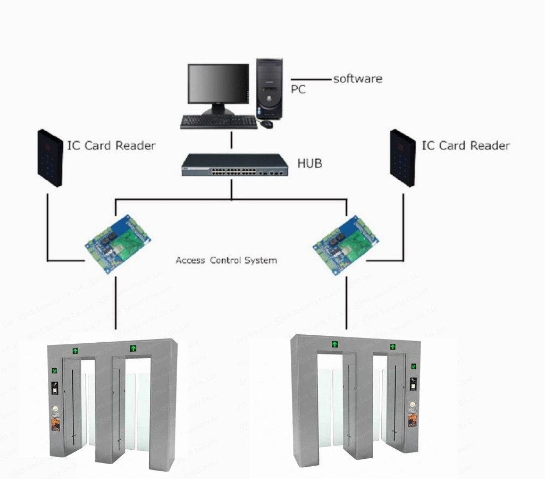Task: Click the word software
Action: tap(357, 79)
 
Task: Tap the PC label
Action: tap(298, 89)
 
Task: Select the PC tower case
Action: tap(269, 88)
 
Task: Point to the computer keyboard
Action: tap(219, 122)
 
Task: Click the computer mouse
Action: tap(266, 124)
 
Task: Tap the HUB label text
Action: tap(310, 163)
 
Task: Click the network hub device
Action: tap(234, 165)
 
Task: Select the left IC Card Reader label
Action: tap(111, 145)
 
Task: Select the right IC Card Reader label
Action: tap(466, 145)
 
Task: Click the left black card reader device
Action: tap(50, 158)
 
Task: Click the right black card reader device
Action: tap(403, 158)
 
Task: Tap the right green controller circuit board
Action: tap(345, 242)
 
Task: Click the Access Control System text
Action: tap(226, 261)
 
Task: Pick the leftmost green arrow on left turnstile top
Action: tap(76, 351)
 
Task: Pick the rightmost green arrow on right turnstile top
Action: tap(392, 346)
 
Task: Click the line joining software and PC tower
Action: tap(311, 80)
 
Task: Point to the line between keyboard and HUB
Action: tap(231, 141)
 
